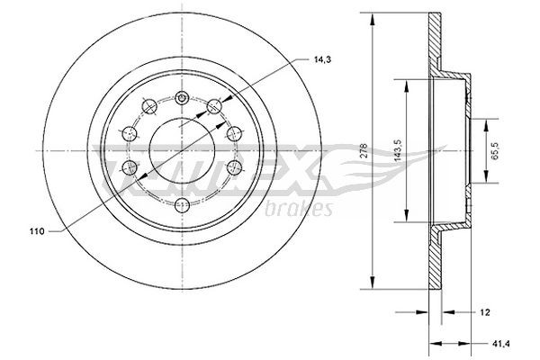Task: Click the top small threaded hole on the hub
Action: (x=181, y=96)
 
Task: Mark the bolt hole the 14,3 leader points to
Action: (x=214, y=107)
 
